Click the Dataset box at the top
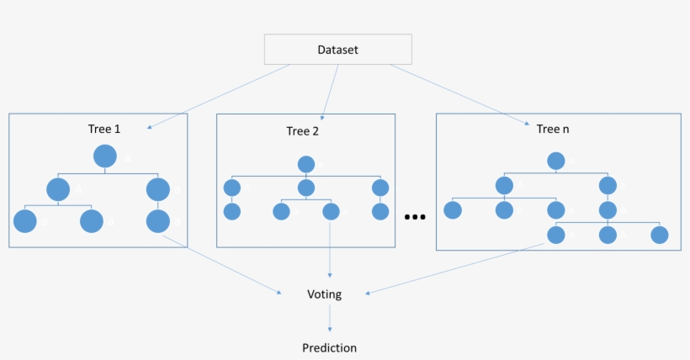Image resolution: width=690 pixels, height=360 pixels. [x=337, y=50]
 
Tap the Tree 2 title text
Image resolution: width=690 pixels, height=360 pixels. [x=302, y=131]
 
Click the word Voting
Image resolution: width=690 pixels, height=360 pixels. [x=324, y=294]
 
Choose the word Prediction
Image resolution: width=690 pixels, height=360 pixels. [x=329, y=347]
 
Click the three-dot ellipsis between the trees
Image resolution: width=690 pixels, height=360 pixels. [x=416, y=217]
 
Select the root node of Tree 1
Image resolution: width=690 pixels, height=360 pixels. [x=104, y=156]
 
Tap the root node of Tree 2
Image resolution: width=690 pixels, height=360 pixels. [x=306, y=165]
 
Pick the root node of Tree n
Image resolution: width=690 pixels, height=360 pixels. [x=555, y=161]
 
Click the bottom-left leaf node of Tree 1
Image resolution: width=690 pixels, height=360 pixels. [x=25, y=221]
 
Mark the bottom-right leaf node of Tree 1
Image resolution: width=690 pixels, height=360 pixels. [x=157, y=221]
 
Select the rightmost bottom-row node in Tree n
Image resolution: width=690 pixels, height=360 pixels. [x=659, y=236]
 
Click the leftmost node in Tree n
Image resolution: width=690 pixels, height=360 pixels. [x=453, y=210]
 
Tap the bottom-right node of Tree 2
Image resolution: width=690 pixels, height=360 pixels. [x=379, y=211]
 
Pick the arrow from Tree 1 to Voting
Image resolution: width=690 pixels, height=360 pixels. [x=223, y=264]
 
